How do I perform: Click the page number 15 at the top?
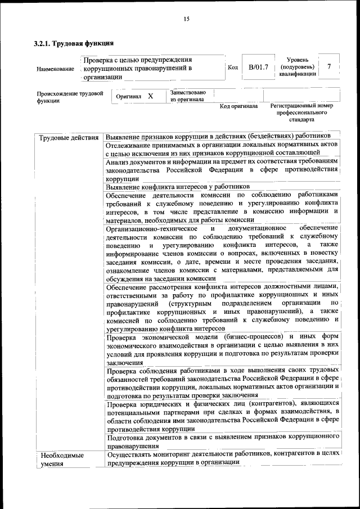pyautogui.click(x=186, y=20)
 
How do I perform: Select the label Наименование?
pyautogui.click(x=55, y=69)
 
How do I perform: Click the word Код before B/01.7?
pyautogui.click(x=232, y=67)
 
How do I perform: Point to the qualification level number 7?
pyautogui.click(x=329, y=67)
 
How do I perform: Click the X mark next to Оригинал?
pyautogui.click(x=150, y=96)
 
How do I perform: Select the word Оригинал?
pyautogui.click(x=128, y=97)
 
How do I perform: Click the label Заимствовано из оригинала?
pyautogui.click(x=188, y=96)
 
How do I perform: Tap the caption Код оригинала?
pyautogui.click(x=238, y=106)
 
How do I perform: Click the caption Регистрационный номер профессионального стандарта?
pyautogui.click(x=301, y=112)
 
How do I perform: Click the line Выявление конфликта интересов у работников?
pyautogui.click(x=177, y=187)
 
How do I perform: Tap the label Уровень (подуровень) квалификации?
pyautogui.click(x=297, y=66)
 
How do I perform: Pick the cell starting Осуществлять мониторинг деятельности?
pyautogui.click(x=222, y=457)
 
